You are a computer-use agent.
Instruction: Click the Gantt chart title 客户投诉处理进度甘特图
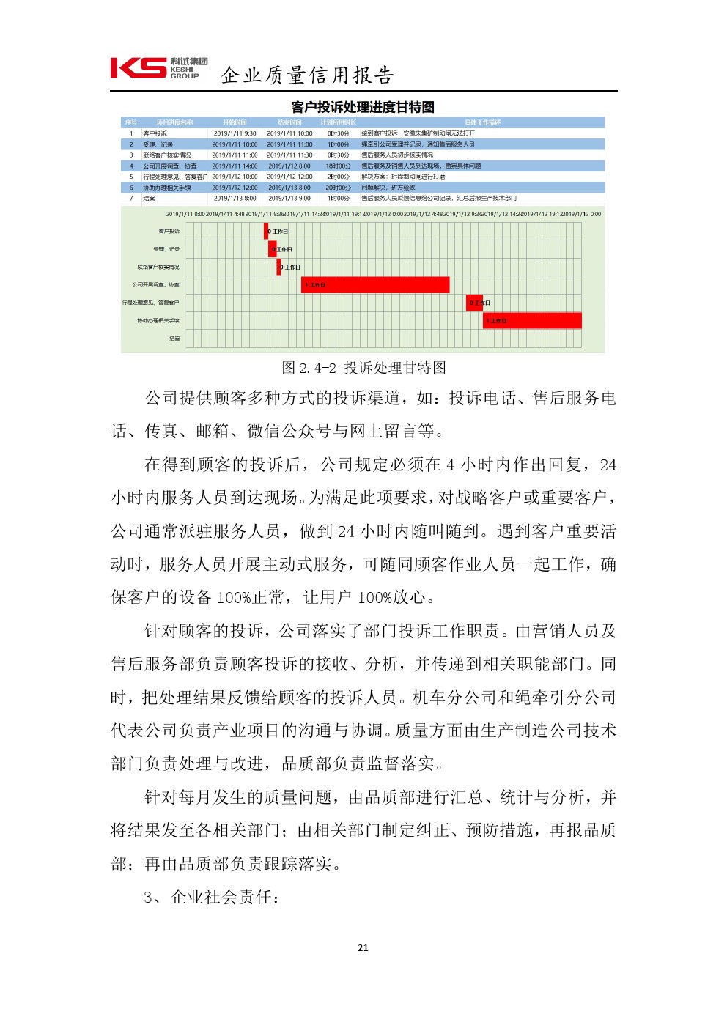[363, 107]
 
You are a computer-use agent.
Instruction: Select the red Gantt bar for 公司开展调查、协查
[375, 284]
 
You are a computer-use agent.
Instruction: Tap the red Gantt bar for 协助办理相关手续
[532, 320]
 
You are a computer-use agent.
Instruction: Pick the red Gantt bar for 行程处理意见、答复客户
[474, 302]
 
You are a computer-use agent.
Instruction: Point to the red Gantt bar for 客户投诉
[266, 231]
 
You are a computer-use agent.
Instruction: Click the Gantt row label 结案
[174, 339]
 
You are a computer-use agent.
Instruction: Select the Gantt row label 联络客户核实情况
[158, 267]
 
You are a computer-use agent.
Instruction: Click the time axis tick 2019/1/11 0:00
[185, 214]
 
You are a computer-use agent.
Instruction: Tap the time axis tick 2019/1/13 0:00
[581, 214]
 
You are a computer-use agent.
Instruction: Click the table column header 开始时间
[235, 122]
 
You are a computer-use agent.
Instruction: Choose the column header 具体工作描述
[483, 122]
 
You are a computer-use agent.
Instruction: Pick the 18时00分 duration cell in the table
[338, 166]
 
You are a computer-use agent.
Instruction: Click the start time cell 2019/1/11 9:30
[235, 133]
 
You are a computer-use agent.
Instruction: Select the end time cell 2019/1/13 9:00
[289, 198]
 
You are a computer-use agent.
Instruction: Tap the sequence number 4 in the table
[131, 166]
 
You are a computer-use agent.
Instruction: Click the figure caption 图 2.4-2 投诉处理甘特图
[363, 367]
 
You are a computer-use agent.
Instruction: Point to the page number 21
[363, 947]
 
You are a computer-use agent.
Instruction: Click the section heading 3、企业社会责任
[211, 897]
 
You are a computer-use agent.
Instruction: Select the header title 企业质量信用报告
[308, 75]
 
